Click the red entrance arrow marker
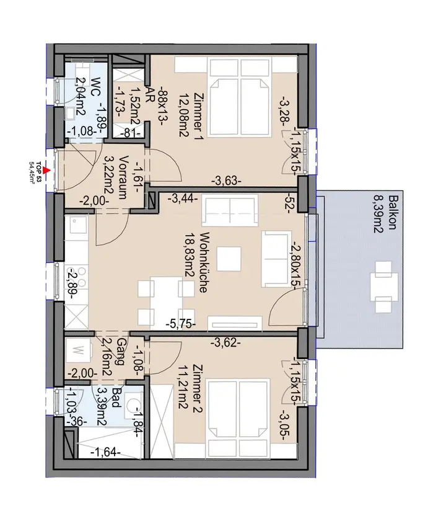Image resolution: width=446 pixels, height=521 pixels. (47, 171)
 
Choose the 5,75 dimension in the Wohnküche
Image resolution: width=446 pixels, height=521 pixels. (180, 324)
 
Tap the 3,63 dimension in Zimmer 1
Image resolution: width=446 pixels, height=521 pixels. (226, 181)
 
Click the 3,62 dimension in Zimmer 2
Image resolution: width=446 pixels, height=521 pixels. (225, 342)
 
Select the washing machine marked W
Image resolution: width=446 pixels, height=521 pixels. (77, 350)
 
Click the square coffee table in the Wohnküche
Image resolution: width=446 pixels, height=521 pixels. (229, 259)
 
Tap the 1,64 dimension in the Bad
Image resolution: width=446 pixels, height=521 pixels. (105, 452)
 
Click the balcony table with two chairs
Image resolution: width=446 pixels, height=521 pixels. (383, 287)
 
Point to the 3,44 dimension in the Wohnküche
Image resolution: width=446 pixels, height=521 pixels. (183, 199)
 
